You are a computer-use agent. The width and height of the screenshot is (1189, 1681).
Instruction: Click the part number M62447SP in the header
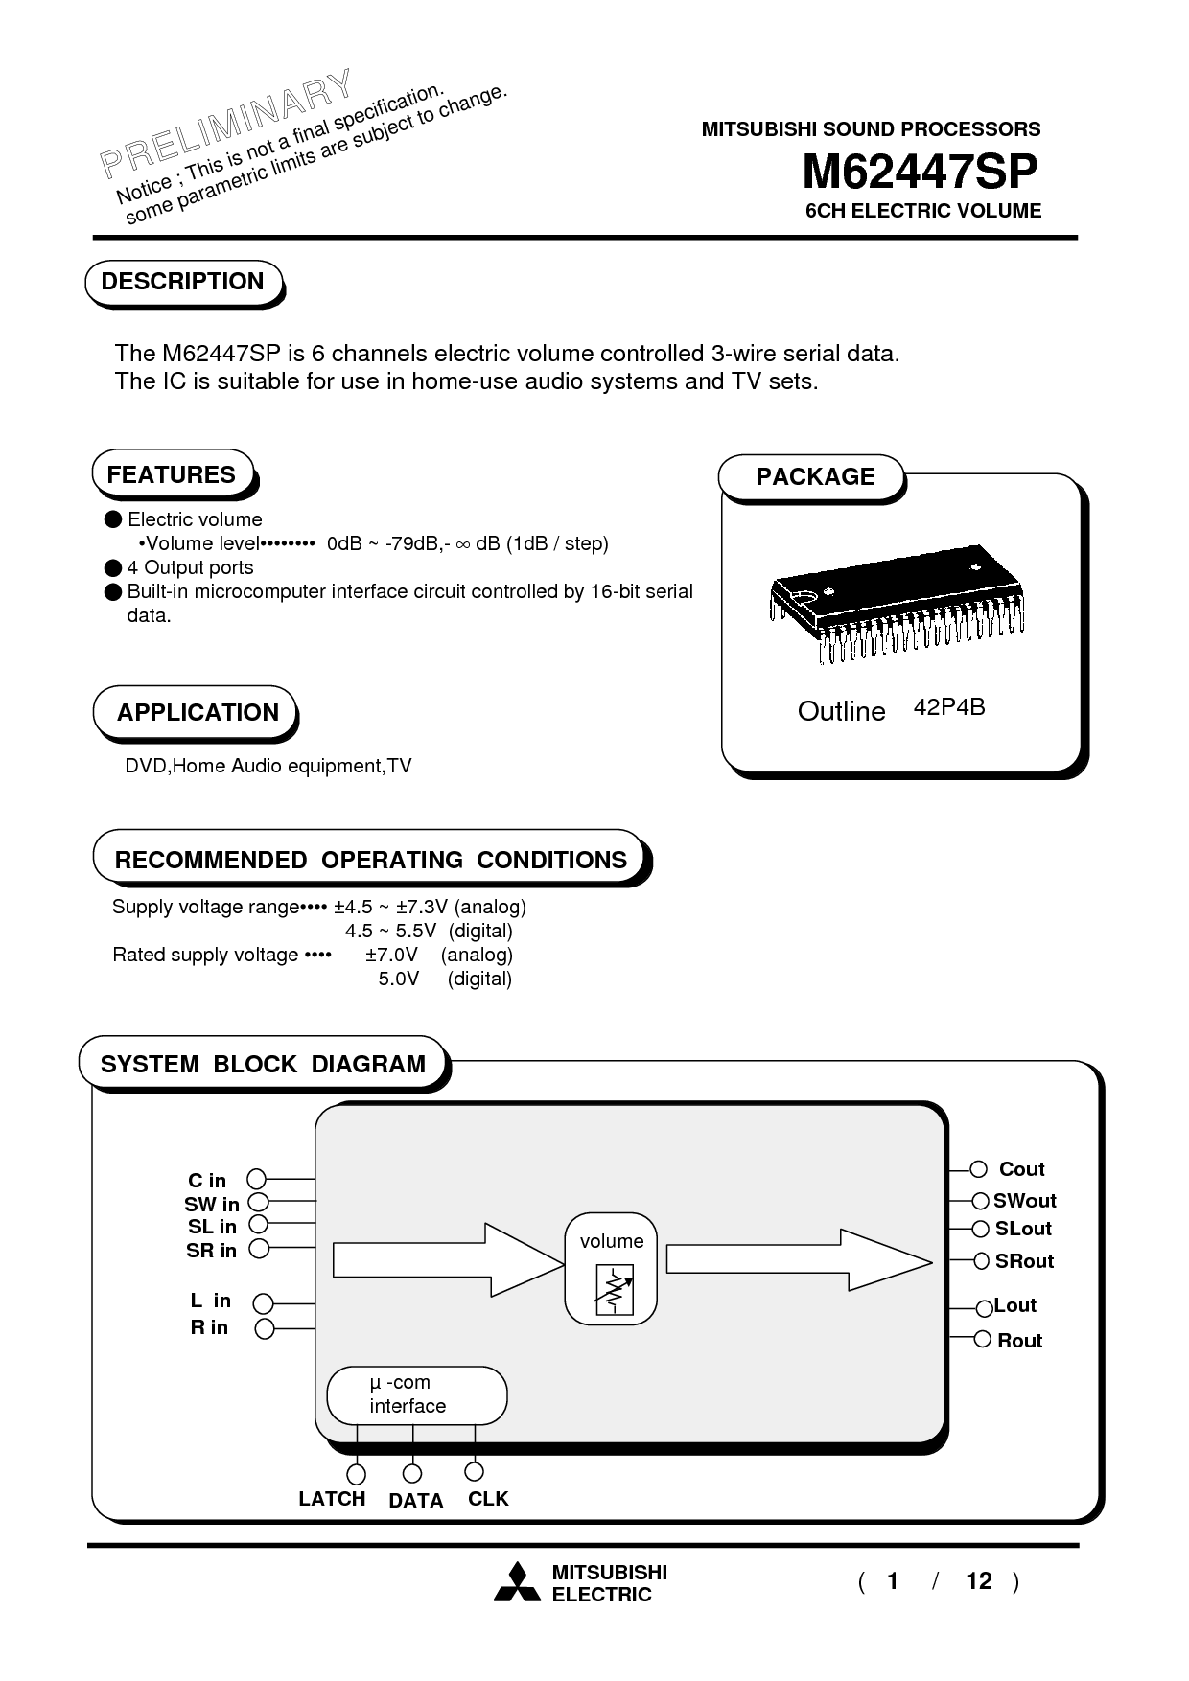(x=920, y=173)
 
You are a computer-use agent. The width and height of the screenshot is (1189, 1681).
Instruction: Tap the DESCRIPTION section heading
(x=182, y=282)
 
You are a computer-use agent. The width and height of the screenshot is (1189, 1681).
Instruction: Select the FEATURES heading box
(x=172, y=474)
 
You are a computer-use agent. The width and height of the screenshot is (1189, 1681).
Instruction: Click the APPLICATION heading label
(x=198, y=712)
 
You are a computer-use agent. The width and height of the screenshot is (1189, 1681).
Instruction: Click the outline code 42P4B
(x=949, y=707)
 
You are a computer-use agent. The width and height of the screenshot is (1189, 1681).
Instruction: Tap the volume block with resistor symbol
(x=611, y=1269)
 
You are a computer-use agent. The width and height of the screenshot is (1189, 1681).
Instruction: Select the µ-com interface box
(x=416, y=1394)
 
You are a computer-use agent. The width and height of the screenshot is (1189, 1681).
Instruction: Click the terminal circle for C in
(x=257, y=1179)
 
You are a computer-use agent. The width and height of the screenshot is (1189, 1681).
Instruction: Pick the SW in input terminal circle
(x=257, y=1202)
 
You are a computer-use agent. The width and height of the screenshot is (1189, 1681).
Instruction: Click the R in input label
(x=209, y=1327)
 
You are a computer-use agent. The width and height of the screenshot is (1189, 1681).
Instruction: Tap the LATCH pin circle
(x=356, y=1473)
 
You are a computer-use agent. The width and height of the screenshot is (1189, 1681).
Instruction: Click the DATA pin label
(x=416, y=1501)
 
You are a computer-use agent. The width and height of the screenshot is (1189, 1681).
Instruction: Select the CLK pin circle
(x=474, y=1471)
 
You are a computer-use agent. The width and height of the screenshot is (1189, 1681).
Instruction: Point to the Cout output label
(x=1021, y=1169)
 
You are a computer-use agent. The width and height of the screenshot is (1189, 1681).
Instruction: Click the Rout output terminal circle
(x=982, y=1339)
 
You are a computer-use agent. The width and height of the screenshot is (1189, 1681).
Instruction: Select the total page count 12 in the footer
(x=978, y=1580)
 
